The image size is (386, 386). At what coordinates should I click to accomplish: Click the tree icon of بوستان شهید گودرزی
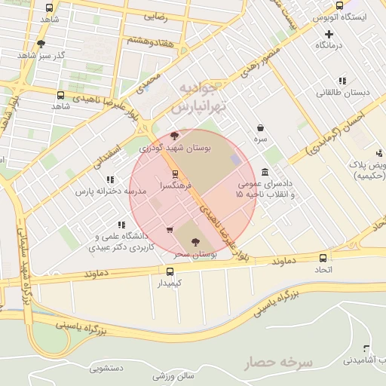click(175, 136)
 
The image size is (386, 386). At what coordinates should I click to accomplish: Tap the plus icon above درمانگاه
click(329, 34)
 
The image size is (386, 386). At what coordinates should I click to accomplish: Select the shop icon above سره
click(260, 128)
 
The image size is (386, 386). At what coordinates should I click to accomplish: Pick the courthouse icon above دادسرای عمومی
click(265, 172)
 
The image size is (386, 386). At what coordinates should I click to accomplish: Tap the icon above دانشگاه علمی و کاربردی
click(121, 225)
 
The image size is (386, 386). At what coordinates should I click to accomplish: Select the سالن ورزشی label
click(174, 375)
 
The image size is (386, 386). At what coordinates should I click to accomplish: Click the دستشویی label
click(106, 369)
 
